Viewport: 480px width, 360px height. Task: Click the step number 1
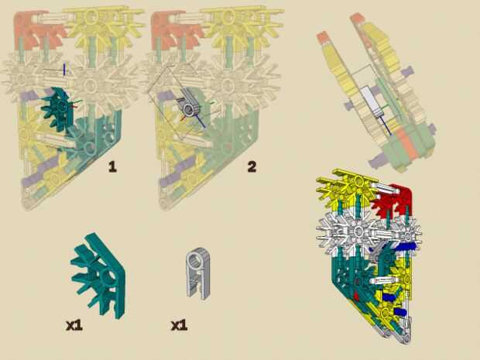[113, 166]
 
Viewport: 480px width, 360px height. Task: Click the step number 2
[252, 166]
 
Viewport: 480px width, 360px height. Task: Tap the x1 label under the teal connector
[74, 325]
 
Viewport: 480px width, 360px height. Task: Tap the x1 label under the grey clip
[179, 325]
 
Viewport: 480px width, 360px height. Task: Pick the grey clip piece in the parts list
[197, 273]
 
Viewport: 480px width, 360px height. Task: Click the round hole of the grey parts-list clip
[194, 261]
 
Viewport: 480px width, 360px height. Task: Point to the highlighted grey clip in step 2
[190, 107]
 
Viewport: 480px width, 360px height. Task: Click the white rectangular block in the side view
[369, 101]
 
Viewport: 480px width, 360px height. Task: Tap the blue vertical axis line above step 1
[64, 69]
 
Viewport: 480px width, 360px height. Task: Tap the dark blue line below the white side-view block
[386, 125]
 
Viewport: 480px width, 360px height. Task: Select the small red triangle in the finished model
[356, 296]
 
